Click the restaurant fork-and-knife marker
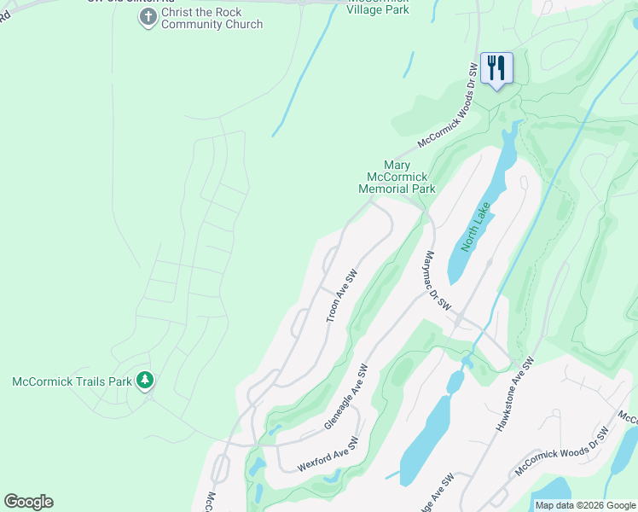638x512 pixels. pos(496,67)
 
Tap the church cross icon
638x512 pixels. pos(148,17)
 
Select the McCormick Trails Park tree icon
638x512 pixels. pos(146,380)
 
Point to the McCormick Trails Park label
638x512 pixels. pos(72,381)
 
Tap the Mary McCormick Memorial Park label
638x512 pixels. pos(397,177)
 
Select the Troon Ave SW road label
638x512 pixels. pos(341,297)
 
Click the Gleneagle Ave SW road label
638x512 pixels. pos(345,397)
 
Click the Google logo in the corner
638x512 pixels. pos(28,502)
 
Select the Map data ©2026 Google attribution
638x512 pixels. pos(585,505)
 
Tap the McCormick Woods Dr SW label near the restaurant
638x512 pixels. pos(447,105)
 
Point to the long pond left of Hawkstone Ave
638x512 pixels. pos(426,439)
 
